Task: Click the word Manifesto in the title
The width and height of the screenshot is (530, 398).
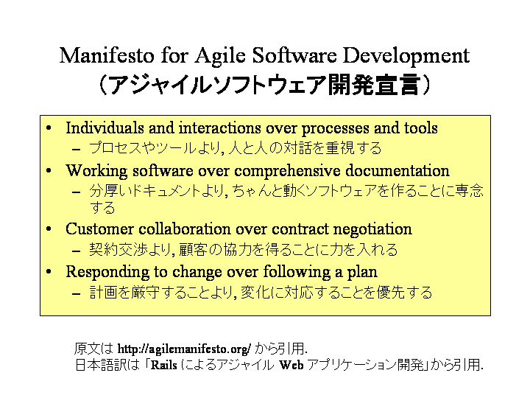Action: coord(107,55)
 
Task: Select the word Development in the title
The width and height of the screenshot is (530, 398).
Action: coord(406,57)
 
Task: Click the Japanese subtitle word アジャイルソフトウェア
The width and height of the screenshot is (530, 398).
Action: coord(218,85)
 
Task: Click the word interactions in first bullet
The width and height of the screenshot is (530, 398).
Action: coord(219,128)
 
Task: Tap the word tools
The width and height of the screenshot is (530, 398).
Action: coord(420,128)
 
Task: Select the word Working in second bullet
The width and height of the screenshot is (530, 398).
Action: coord(96,171)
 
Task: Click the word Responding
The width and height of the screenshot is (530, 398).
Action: coord(107,273)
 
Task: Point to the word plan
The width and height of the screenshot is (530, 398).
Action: coord(362,273)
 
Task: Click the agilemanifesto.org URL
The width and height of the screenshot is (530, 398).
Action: coord(184,349)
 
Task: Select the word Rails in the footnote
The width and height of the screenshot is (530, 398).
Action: coord(164,365)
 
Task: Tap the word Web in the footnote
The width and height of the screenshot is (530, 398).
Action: coord(291,365)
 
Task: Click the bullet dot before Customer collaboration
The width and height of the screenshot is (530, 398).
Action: coord(49,229)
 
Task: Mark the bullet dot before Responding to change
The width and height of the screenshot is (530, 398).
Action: coord(49,272)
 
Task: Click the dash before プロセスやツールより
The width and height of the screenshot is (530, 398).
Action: coord(77,150)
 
